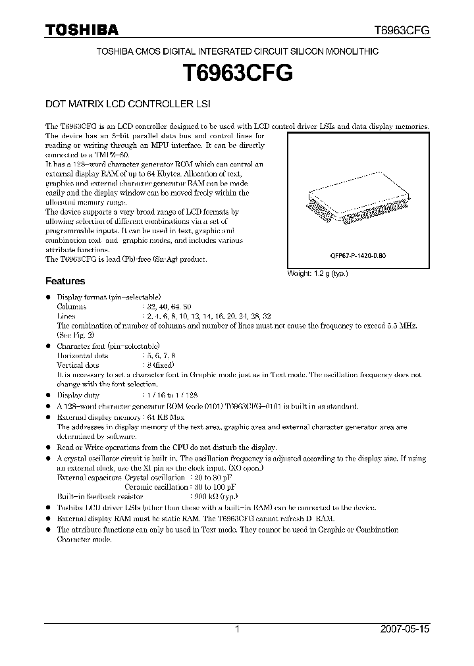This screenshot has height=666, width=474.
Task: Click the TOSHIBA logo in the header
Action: [82, 30]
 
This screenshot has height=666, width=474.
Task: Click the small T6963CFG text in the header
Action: [402, 30]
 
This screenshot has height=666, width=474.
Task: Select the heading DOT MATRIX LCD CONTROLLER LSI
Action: [127, 104]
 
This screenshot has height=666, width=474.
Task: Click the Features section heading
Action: [65, 280]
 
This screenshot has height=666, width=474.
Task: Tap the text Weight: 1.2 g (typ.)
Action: [317, 273]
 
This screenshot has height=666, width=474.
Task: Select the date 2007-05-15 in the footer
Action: [405, 629]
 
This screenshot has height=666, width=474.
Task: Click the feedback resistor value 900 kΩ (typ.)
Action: [214, 497]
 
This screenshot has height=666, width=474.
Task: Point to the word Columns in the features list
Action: [71, 307]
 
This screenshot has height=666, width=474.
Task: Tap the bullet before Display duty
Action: [48, 396]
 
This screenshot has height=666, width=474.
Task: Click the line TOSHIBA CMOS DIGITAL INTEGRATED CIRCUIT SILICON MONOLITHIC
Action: [237, 51]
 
